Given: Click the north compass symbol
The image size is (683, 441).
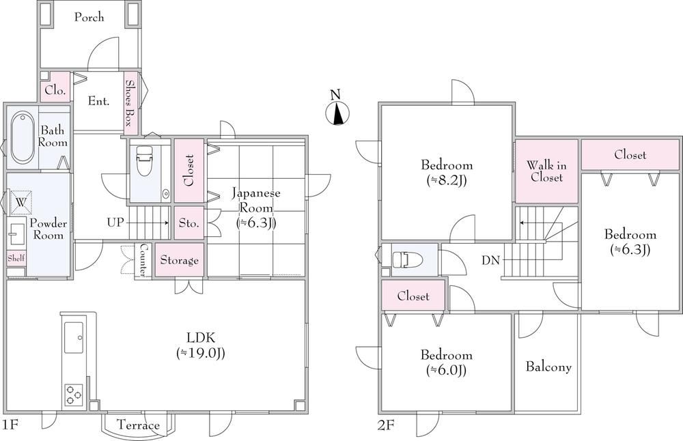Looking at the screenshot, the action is [337, 113].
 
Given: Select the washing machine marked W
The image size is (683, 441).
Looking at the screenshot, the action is [21, 203].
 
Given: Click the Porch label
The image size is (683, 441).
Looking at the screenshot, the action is [89, 18].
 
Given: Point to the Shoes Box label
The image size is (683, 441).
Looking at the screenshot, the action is [129, 102].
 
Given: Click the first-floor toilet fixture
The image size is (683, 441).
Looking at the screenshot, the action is [144, 160].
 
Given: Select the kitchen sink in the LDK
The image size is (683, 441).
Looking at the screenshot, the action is [74, 337].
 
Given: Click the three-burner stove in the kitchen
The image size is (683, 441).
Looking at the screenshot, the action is [74, 395].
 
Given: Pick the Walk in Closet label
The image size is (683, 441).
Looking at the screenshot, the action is [546, 171].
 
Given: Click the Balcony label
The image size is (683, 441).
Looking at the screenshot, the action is [548, 367].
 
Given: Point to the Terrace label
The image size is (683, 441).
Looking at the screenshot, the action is [138, 425].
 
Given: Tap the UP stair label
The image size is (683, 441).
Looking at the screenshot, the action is [115, 223].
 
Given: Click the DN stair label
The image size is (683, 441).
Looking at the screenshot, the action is [490, 260].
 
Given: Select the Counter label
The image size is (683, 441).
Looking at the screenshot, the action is [143, 260].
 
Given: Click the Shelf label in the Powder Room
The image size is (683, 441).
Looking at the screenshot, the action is [16, 258].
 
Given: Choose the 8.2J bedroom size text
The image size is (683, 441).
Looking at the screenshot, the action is [447, 180].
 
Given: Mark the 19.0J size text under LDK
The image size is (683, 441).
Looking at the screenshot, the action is [200, 353].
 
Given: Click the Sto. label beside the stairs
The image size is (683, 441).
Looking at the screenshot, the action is [189, 223].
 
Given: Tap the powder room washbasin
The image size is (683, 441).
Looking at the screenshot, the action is [16, 236].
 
